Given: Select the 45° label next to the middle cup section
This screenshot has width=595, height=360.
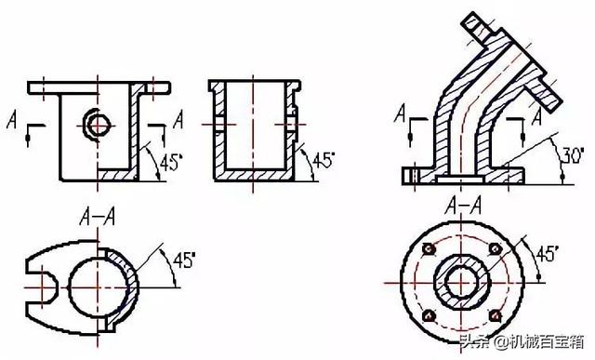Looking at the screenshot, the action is pos(324,160).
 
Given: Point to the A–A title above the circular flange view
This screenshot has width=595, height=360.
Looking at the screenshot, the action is pos(464,207).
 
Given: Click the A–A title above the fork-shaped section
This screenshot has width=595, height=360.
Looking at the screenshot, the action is pos(98,218).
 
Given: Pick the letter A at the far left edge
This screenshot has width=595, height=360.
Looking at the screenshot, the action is pos(12,120).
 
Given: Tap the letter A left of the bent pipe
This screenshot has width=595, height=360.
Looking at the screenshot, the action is pos(400,113).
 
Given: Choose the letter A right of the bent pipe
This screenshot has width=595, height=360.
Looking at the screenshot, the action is pos(536,116).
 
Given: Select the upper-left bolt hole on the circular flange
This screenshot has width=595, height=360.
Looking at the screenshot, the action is pos(430,249).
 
